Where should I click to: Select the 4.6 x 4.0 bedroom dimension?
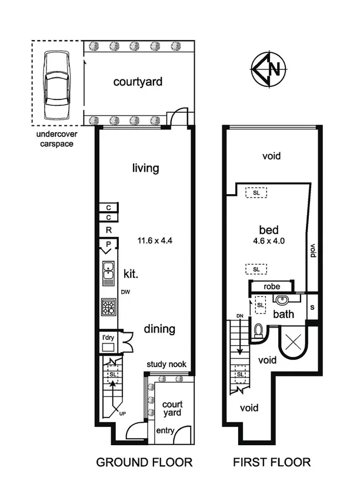(x=269, y=240)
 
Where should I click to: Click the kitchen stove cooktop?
(x=109, y=306)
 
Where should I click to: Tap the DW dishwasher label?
(x=125, y=292)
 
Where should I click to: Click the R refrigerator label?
(x=109, y=230)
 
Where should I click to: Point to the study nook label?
(x=166, y=365)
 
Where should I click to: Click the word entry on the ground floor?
(x=165, y=431)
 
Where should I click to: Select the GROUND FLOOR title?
(x=144, y=462)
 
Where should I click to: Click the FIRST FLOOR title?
(x=272, y=462)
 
